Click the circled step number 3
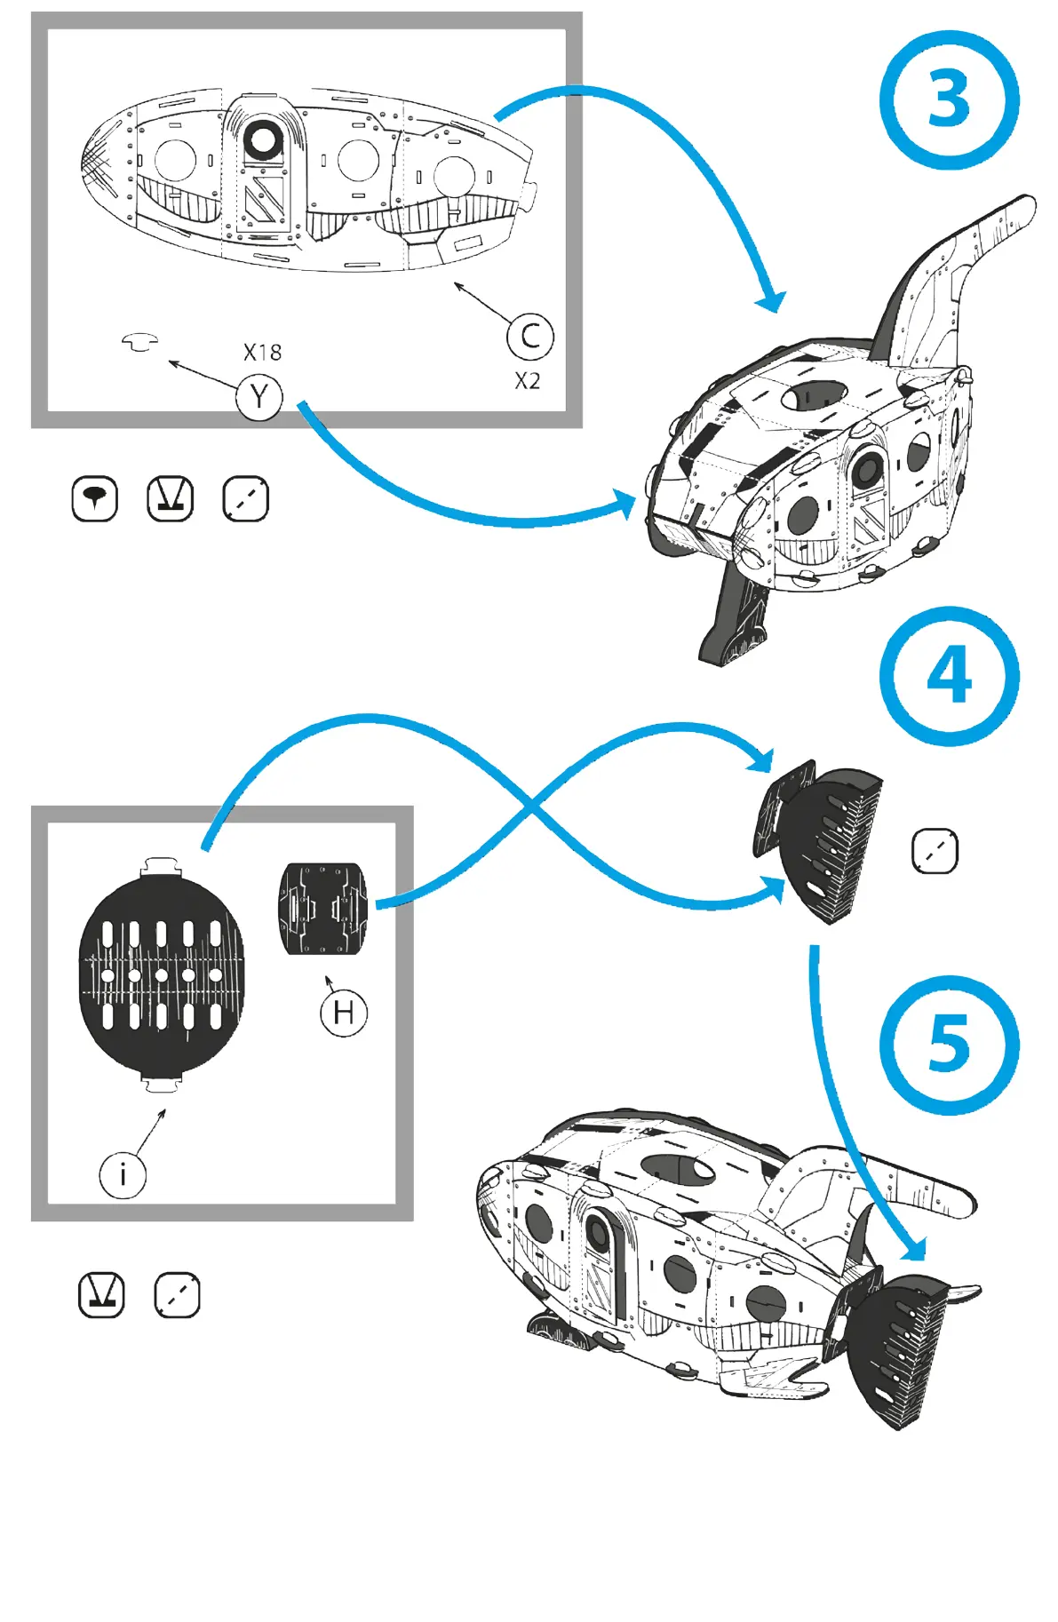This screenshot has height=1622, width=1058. click(x=949, y=99)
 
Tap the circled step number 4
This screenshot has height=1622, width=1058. click(x=949, y=676)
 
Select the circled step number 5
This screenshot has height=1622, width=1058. click(x=949, y=1045)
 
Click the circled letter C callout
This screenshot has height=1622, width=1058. click(x=530, y=337)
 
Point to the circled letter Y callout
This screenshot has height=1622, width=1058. click(x=259, y=397)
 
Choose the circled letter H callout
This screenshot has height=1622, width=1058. click(x=344, y=1013)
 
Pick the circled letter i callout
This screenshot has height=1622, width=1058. click(x=123, y=1174)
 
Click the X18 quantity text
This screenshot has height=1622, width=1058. click(x=262, y=353)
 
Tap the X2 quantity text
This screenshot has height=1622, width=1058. click(x=528, y=381)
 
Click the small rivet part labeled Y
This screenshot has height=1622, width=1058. click(x=140, y=341)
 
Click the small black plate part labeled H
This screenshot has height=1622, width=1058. click(x=323, y=908)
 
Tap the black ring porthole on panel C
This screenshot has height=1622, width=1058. click(x=263, y=139)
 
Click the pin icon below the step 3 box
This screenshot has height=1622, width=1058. click(x=94, y=498)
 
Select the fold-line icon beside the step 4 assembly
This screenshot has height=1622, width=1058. click(x=935, y=852)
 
